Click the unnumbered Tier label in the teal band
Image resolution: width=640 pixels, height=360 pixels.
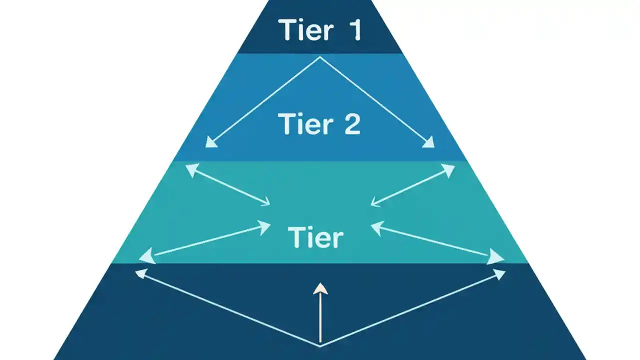click(315, 237)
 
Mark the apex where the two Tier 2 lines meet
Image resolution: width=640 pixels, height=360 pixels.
click(320, 57)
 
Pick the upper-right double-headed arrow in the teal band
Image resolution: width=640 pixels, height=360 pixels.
click(412, 185)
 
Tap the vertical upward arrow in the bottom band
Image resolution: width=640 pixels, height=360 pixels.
click(320, 312)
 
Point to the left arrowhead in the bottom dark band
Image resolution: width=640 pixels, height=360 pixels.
click(141, 272)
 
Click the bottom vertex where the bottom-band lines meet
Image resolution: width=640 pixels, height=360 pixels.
click(320, 345)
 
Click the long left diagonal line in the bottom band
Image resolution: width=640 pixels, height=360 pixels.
click(230, 309)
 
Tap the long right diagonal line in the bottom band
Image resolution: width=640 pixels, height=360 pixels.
click(410, 309)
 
